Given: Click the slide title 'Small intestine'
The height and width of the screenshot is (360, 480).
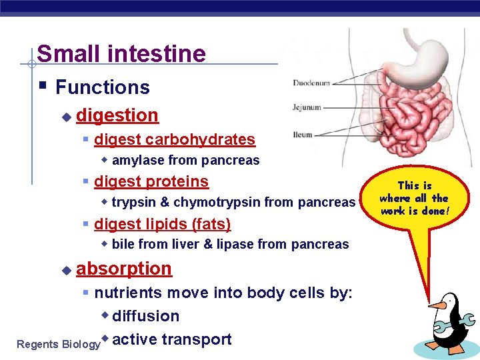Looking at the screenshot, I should pyautogui.click(x=121, y=53).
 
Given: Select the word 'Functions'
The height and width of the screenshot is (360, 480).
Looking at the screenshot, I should pyautogui.click(x=103, y=87).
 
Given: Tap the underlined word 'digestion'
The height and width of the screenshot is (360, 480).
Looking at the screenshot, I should pyautogui.click(x=117, y=115).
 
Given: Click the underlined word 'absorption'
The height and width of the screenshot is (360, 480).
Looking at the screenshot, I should pyautogui.click(x=124, y=269).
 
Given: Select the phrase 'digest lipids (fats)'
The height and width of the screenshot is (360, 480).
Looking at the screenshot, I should pyautogui.click(x=163, y=224).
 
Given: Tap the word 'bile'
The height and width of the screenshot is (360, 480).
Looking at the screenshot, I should pyautogui.click(x=123, y=245).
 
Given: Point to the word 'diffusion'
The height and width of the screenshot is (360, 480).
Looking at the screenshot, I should pyautogui.click(x=146, y=316).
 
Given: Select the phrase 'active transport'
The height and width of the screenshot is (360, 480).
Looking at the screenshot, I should pyautogui.click(x=172, y=339).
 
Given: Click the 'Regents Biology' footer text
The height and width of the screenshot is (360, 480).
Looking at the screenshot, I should pyautogui.click(x=58, y=345).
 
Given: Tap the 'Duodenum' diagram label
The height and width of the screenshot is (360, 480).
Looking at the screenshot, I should pyautogui.click(x=311, y=83).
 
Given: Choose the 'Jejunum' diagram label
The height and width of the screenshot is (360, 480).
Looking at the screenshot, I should pyautogui.click(x=307, y=107).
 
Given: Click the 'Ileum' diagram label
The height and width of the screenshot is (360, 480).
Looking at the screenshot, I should pyautogui.click(x=303, y=135).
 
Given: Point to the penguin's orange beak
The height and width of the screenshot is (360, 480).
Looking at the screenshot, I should pyautogui.click(x=436, y=305).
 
